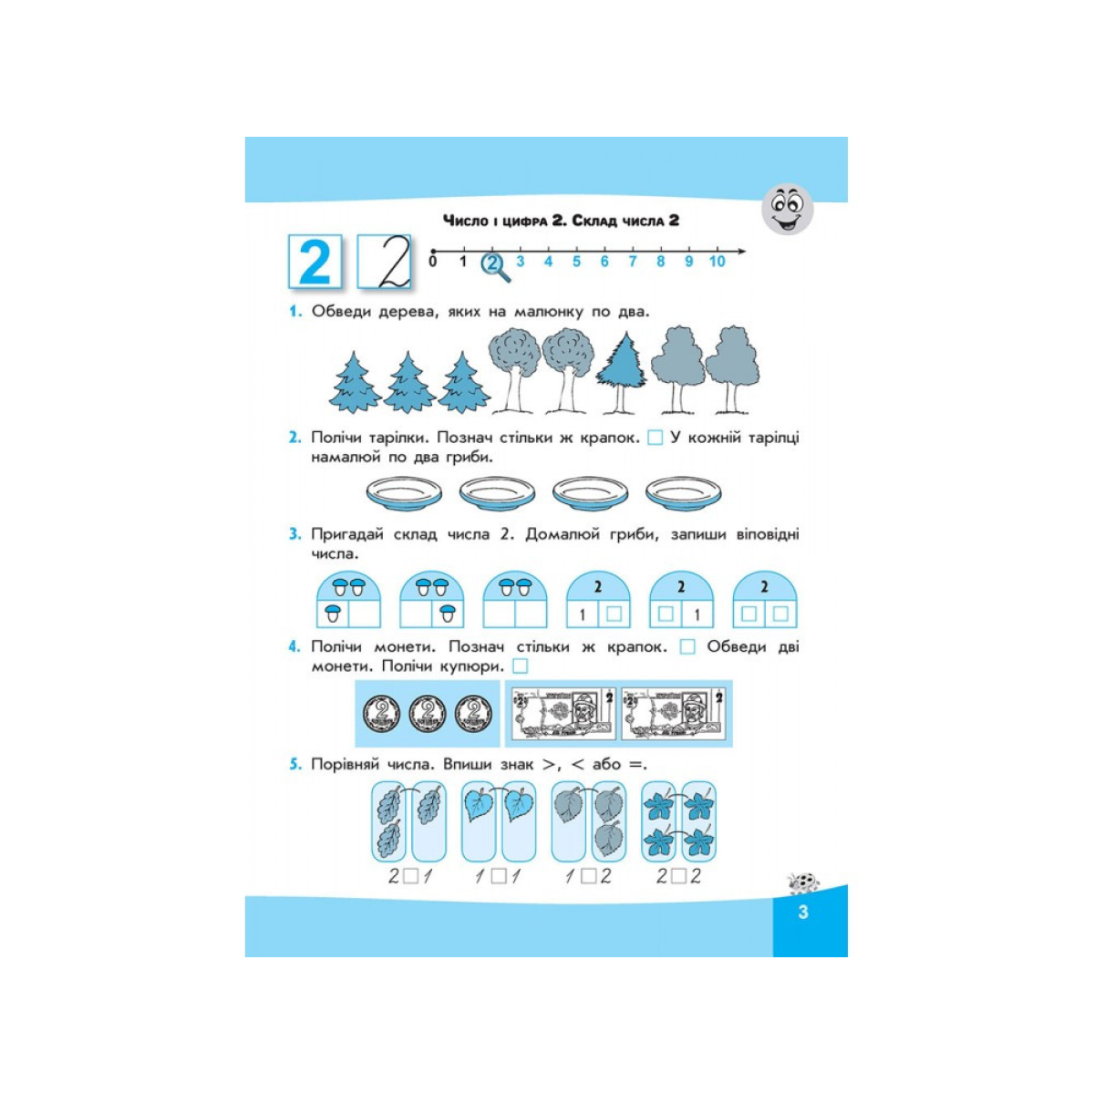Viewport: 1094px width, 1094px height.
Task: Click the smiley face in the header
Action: click(787, 209)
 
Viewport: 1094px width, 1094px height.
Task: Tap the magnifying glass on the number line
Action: click(495, 266)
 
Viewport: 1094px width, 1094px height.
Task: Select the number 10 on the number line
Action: click(717, 261)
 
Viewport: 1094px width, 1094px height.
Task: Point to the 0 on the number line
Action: click(433, 261)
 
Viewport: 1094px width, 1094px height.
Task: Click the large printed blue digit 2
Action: click(315, 261)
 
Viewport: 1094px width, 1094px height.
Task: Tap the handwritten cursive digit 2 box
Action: click(385, 261)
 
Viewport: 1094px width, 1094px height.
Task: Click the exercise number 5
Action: click(294, 765)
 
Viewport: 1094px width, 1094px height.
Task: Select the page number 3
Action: click(803, 913)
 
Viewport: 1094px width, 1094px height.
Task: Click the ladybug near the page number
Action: click(802, 882)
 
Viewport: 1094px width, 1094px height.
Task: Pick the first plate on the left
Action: click(404, 493)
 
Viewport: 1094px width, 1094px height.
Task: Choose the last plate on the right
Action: click(684, 493)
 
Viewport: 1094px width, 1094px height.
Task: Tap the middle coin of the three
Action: click(428, 714)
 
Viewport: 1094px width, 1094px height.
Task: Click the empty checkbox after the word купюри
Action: click(520, 666)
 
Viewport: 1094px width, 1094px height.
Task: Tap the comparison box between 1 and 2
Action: click(589, 877)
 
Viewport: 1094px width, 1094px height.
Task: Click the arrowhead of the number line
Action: click(740, 251)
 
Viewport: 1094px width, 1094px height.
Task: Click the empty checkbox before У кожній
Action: click(655, 438)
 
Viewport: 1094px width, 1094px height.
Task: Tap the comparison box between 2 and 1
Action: click(410, 877)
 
